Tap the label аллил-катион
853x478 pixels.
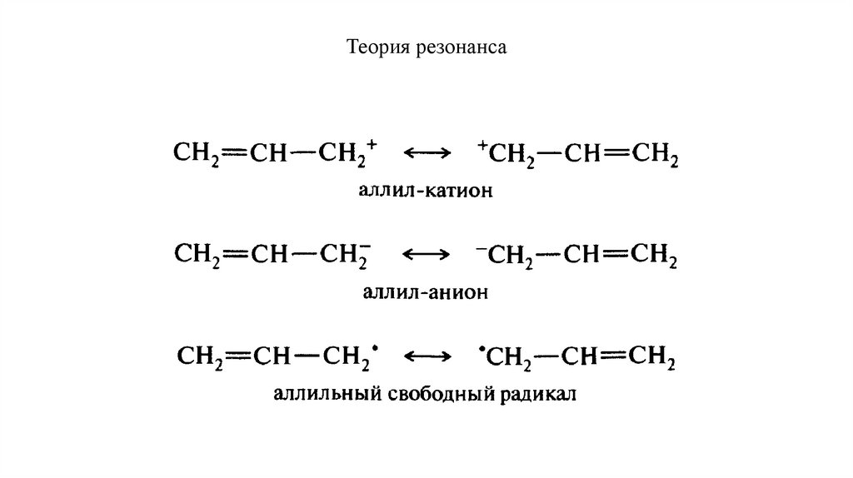click(426, 192)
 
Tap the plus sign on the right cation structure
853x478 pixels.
click(481, 147)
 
